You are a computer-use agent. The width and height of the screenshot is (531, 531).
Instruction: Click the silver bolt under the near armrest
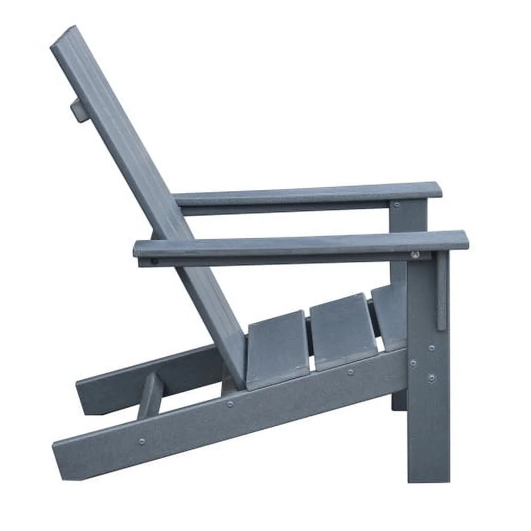[x=415, y=255]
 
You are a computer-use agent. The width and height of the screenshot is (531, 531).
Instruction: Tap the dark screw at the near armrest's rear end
[x=154, y=261]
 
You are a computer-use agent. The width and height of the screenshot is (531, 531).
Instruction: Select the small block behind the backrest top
[x=78, y=110]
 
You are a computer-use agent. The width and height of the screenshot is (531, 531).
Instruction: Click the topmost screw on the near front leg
[x=431, y=348]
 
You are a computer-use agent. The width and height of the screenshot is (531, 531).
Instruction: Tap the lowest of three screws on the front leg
[x=431, y=378]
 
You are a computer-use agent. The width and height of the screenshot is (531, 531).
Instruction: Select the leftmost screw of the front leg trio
[x=413, y=363]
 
